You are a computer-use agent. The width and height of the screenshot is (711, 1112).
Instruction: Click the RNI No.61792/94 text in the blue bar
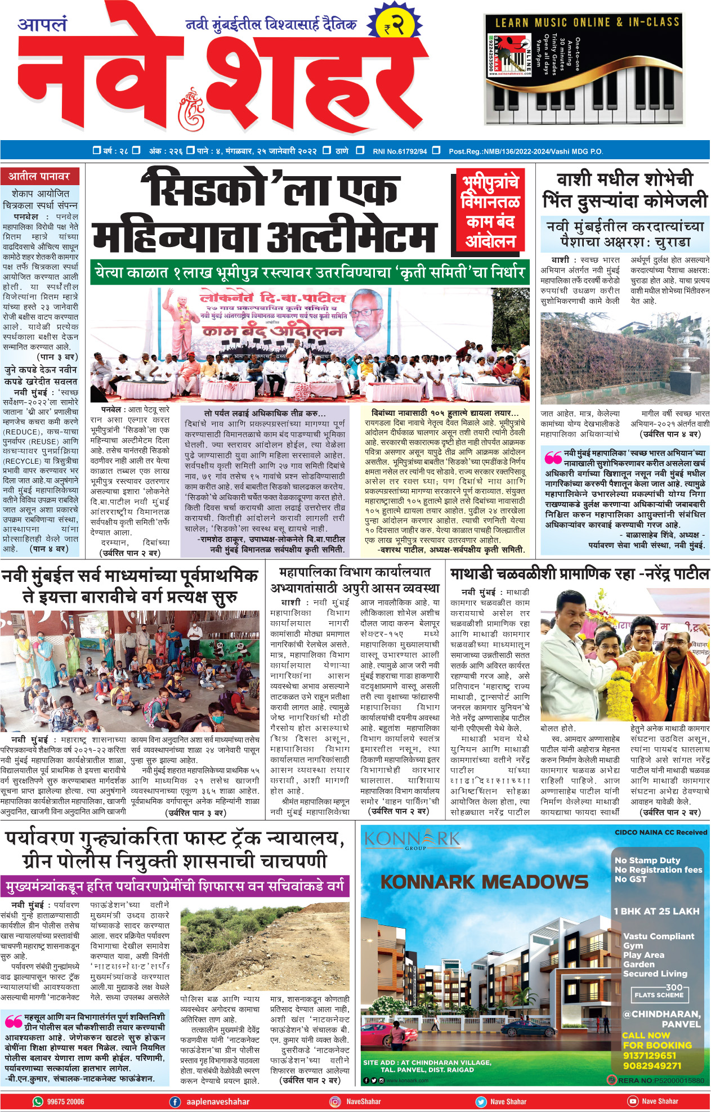click(400, 151)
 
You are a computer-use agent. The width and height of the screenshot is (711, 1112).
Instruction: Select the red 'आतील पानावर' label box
click(39, 177)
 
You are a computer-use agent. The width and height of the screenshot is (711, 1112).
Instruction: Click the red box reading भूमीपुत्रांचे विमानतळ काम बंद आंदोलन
click(490, 212)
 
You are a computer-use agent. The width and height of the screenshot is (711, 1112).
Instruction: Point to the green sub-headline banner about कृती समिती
click(310, 273)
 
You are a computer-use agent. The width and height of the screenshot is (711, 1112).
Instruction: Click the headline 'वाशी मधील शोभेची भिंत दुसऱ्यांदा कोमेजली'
click(624, 190)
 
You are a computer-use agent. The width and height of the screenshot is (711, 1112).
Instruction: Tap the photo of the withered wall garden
click(624, 358)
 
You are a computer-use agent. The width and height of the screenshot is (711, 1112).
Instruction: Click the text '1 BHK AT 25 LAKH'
click(656, 911)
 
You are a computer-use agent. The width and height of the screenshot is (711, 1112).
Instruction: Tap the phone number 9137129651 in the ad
click(649, 1056)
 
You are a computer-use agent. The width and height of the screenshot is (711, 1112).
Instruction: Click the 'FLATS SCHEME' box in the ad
click(659, 995)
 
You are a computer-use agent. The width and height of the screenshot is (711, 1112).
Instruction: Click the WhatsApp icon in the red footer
click(38, 1101)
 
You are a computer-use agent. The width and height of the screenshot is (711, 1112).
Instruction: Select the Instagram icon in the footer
click(335, 1101)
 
